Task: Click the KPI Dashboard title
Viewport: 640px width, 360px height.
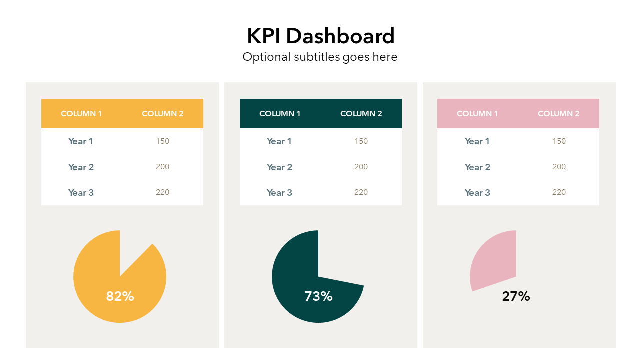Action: [320, 36]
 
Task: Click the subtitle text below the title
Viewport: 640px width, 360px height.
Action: [320, 57]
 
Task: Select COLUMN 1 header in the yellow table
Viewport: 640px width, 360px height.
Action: [81, 114]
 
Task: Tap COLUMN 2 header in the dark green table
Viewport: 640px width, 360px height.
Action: [361, 114]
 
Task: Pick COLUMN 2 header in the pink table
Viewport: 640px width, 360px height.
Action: [558, 114]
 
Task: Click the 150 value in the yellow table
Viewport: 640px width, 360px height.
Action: [162, 141]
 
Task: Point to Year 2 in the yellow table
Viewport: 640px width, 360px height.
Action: [81, 167]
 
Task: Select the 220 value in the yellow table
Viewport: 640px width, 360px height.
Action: [162, 192]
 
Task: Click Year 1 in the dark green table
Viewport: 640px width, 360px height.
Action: [279, 141]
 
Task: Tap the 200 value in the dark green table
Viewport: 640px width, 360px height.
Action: [361, 167]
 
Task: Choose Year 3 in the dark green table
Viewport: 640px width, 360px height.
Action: [279, 193]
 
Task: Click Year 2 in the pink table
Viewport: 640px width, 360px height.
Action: [477, 167]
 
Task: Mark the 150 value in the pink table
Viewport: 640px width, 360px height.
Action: [559, 141]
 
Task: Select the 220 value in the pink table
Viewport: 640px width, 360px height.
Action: [559, 192]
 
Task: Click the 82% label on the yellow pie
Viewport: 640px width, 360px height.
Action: [120, 296]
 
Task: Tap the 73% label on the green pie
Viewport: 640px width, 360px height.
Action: [318, 296]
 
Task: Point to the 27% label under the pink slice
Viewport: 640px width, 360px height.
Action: [516, 296]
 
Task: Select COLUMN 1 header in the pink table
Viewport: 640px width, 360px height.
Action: [477, 114]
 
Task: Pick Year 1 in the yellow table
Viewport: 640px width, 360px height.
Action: [81, 141]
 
